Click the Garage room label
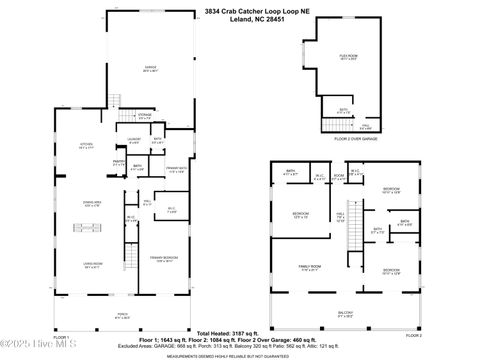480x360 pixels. coord(150,69)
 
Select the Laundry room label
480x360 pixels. coord(133,142)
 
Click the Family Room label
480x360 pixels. coord(310,267)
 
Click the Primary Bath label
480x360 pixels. coord(176,170)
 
